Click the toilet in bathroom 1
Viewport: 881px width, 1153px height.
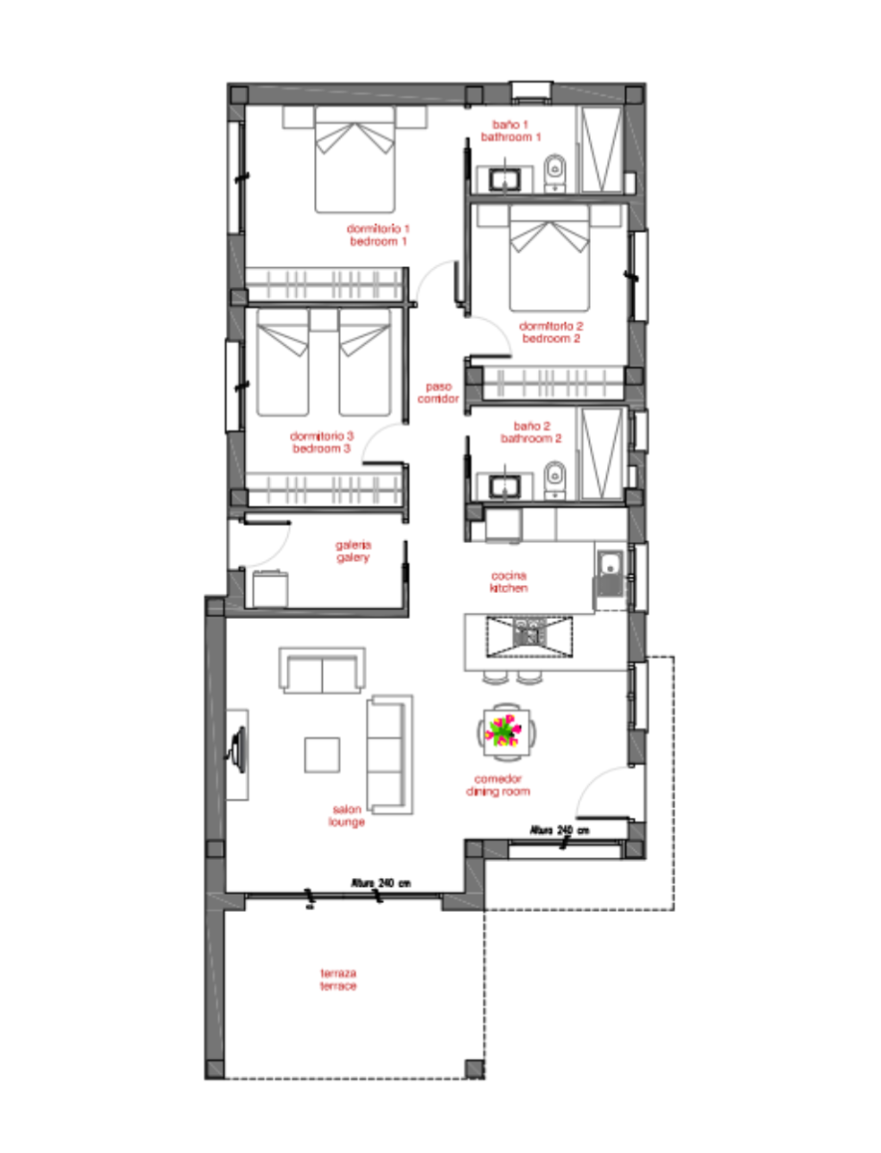pos(554,173)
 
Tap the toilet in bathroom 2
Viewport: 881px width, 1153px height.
pos(554,479)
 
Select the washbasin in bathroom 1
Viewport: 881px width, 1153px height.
pos(504,180)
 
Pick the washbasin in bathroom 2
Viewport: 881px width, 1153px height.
pos(504,486)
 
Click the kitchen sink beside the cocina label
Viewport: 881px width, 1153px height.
pos(609,573)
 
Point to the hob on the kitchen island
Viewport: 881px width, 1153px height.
pos(529,636)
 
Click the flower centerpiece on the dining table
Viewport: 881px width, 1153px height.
pos(503,731)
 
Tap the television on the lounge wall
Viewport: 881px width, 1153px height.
pos(237,749)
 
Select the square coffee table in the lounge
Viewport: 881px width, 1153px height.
pos(322,755)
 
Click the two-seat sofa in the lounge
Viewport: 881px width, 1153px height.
pos(322,671)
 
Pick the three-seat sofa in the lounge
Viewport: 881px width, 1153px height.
pos(389,755)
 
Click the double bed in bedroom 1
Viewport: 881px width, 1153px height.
pos(355,159)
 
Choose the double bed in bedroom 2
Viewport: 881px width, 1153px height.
pos(550,258)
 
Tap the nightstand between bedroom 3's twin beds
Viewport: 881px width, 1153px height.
pos(324,319)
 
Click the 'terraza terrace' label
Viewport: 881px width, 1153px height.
pos(338,979)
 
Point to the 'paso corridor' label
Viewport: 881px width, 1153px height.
pos(438,392)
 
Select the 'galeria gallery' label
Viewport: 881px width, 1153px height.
pos(353,551)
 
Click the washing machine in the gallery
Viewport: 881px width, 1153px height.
pos(270,588)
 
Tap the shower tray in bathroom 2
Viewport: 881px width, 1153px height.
pos(600,454)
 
